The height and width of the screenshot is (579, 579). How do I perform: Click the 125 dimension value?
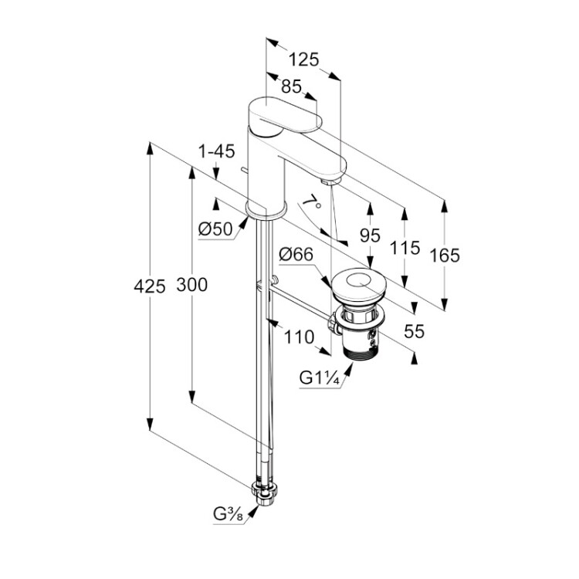point(304,59)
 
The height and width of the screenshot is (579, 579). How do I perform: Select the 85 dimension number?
point(291,87)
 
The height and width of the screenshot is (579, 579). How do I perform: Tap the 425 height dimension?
point(150,286)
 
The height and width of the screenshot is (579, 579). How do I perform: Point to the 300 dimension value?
point(191,285)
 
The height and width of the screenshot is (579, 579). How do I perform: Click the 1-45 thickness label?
point(215,151)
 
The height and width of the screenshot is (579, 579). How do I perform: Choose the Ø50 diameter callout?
point(215,229)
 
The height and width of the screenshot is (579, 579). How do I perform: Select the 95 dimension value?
point(371,235)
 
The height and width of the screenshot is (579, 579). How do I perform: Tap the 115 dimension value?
point(405,248)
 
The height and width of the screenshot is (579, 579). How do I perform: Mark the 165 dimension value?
point(445,255)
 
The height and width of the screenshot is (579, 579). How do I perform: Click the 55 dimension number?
point(415,332)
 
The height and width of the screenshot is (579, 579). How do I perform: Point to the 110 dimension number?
point(300,337)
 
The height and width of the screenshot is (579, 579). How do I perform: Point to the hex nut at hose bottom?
point(266,492)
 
